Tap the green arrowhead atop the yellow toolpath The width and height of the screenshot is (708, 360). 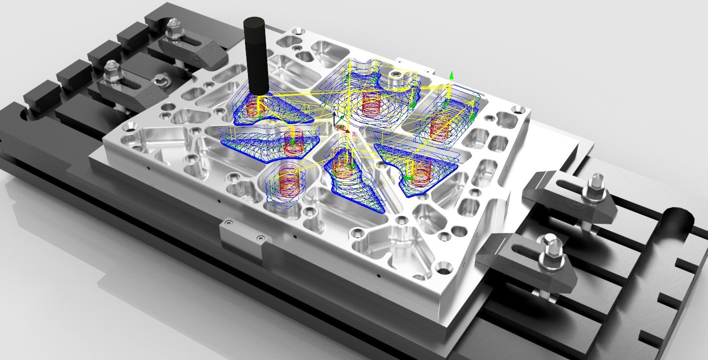[x=451, y=75]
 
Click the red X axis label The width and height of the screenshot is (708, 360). [x=354, y=131]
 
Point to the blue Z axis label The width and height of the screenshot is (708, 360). [x=333, y=108]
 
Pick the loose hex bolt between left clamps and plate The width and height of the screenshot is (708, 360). [x=160, y=79]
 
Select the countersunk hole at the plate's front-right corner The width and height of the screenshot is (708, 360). [x=443, y=269]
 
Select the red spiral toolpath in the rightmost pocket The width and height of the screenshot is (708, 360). [x=439, y=127]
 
